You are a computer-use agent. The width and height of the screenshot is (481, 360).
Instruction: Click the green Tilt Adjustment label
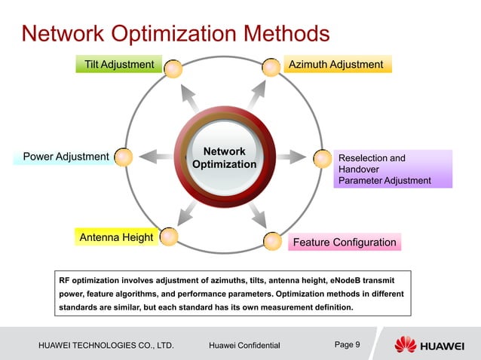pos(119,65)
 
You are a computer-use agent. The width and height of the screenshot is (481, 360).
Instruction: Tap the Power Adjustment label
pos(66,157)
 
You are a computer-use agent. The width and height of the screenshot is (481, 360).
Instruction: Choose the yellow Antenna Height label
pos(116,238)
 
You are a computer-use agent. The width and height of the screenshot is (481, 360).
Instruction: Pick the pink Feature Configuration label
pos(344,242)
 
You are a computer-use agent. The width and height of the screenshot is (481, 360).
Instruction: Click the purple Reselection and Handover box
pos(393,169)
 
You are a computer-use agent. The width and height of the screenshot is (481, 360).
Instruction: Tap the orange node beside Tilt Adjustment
pos(173,68)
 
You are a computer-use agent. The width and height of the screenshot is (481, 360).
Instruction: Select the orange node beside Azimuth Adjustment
pos(271,68)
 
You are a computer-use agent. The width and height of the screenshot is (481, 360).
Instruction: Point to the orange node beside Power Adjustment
pos(124,157)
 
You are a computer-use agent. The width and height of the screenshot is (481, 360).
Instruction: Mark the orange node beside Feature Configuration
pos(272,241)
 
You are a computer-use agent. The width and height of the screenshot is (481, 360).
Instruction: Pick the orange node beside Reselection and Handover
pos(323,158)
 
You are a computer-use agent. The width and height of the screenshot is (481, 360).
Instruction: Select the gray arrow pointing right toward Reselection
pos(291,158)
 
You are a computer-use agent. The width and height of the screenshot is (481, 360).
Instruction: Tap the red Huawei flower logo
pos(405,345)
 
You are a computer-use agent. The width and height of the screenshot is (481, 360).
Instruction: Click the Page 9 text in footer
pos(347,345)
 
